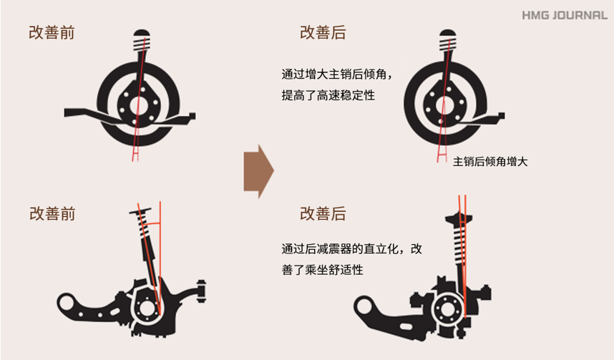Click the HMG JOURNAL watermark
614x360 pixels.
[565, 15]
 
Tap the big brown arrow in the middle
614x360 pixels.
[259, 171]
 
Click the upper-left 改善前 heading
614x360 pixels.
[52, 33]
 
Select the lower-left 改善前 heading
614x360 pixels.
[52, 214]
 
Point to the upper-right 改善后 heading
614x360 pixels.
[323, 33]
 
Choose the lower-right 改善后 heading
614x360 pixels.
[323, 214]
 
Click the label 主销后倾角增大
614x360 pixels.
[490, 162]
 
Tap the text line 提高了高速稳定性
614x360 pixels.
[328, 95]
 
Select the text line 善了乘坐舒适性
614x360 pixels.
[322, 270]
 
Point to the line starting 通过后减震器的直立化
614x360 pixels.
[351, 249]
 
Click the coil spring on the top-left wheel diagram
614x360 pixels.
[142, 44]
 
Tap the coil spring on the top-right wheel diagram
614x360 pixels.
[447, 44]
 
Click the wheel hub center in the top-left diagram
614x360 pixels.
[139, 105]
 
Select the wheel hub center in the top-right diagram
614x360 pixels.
[445, 104]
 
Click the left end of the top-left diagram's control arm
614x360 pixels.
[65, 113]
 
